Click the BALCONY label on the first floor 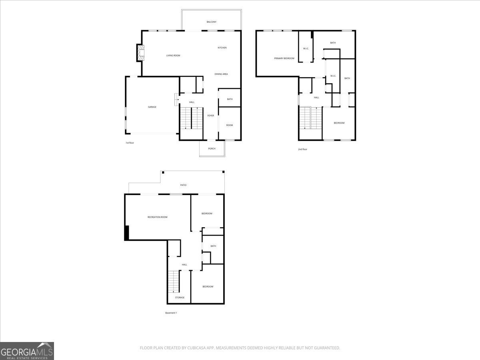coord(212,22)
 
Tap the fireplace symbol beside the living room coord(140,53)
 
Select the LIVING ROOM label coord(173,56)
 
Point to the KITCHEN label coord(222,48)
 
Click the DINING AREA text coord(221,74)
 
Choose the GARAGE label coord(152,107)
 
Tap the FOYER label coord(210,116)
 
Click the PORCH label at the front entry coord(212,149)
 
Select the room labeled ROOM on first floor coord(230,125)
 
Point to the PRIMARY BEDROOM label coord(284,58)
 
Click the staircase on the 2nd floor coord(311,118)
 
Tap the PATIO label coord(183,185)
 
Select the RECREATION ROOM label coord(157,217)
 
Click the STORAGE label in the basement coord(180,298)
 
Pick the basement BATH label coord(213,246)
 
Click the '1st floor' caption coord(130,143)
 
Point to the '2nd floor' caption coord(302,149)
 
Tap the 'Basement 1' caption coord(171,313)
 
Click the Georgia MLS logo coord(27,351)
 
